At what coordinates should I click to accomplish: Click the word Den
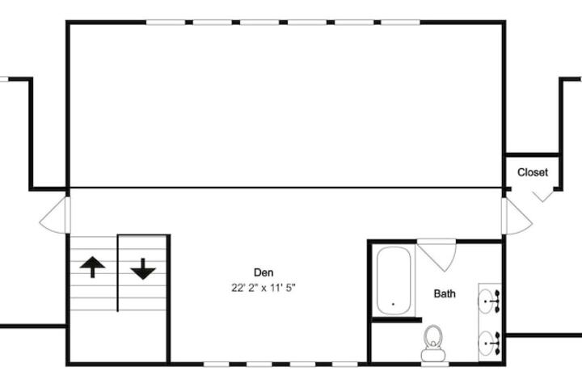point(264,272)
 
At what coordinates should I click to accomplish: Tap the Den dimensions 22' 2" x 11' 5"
point(264,288)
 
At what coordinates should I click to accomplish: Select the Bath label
point(445,293)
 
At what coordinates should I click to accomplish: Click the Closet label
point(532,172)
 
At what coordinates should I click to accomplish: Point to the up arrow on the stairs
point(92,267)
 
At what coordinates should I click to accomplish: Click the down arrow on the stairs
point(143,269)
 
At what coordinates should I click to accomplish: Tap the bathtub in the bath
point(394,280)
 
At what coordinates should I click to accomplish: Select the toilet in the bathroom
point(433,344)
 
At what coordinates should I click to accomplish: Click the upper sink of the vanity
point(490,302)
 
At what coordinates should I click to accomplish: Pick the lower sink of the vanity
point(490,343)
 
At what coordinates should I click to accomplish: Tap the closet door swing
point(542,196)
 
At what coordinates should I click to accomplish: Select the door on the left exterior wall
point(55,215)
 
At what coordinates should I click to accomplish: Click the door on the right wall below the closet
point(517,216)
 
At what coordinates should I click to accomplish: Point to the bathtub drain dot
point(393,304)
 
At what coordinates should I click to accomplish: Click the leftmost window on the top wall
point(166,23)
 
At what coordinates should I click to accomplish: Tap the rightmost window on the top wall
point(401,23)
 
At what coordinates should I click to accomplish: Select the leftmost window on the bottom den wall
point(217,365)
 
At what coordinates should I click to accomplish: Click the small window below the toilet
point(435,365)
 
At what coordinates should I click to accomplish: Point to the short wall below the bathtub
point(397,319)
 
